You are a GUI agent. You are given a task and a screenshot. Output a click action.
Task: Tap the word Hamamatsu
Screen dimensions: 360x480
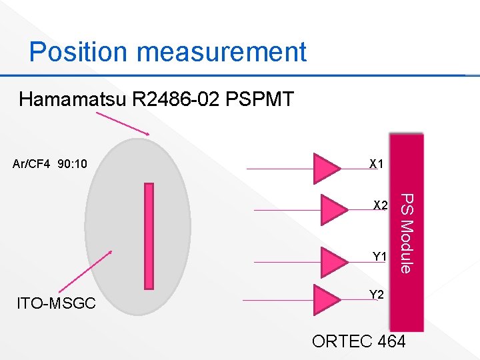coord(73,101)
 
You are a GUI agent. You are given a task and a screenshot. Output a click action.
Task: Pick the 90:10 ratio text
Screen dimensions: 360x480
coord(73,163)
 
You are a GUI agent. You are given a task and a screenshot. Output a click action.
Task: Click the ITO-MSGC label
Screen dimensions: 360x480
coord(56,304)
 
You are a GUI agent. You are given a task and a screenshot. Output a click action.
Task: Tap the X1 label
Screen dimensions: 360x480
coord(376,164)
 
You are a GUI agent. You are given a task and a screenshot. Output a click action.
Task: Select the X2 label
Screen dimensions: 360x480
coord(381,205)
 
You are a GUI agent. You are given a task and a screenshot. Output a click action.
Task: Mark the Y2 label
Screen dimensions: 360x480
coord(376,295)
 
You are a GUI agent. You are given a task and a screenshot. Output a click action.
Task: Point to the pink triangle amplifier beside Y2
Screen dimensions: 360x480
coord(327,299)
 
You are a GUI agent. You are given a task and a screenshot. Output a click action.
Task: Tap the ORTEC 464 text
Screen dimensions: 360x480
coord(359,341)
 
